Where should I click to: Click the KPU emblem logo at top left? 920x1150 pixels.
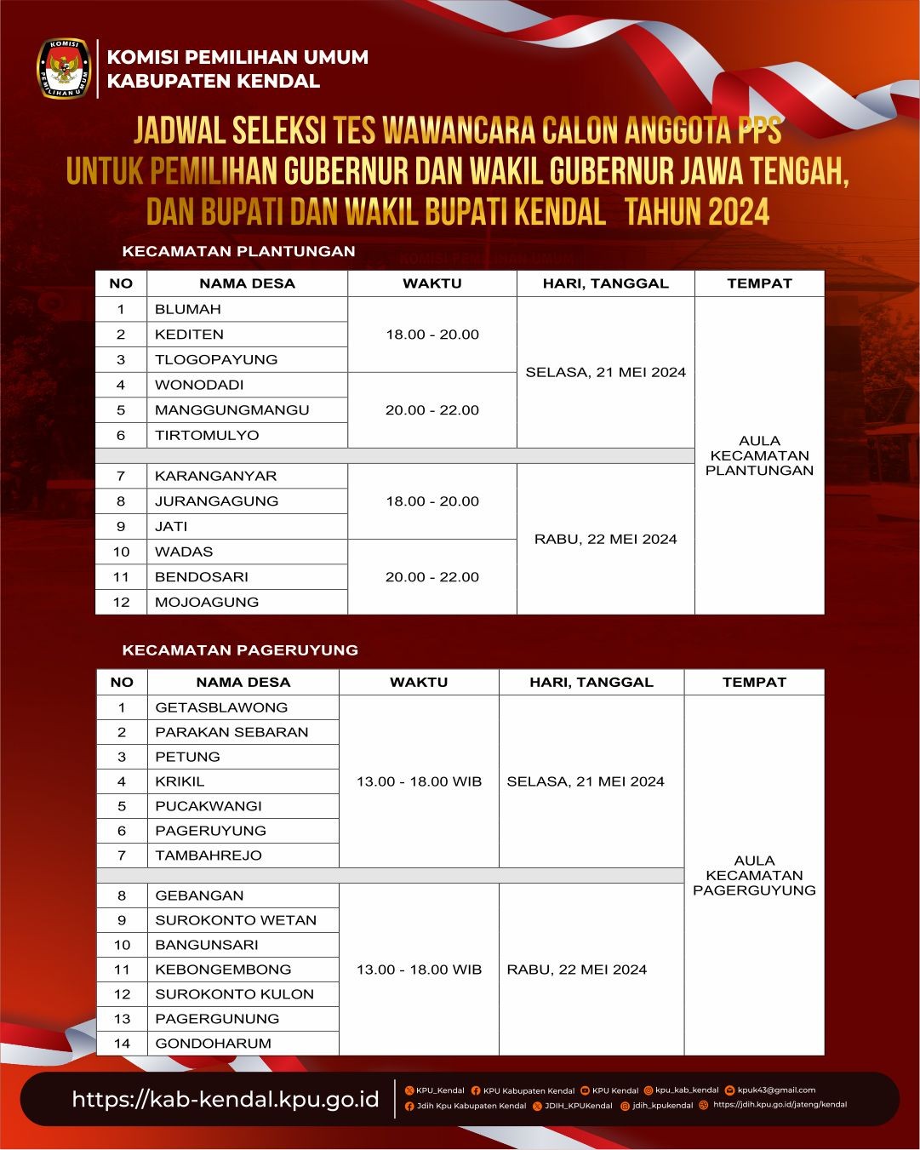click(x=64, y=68)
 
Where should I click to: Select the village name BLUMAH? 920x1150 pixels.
click(x=188, y=309)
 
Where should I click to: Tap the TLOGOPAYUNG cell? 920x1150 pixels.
click(x=216, y=359)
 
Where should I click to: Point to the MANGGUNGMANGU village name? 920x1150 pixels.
click(x=231, y=409)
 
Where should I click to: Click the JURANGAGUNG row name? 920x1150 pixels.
click(x=216, y=501)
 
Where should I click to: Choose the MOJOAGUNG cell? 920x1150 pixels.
click(x=206, y=602)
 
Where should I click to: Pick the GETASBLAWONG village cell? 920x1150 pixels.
click(x=221, y=707)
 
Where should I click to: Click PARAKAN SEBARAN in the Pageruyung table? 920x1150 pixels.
click(x=231, y=732)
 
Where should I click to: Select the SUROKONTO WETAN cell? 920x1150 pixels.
click(x=236, y=920)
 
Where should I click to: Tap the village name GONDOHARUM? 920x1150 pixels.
click(x=213, y=1044)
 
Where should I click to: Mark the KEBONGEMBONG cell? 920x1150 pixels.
click(x=223, y=970)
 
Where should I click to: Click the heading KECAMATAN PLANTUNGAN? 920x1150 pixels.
click(x=238, y=251)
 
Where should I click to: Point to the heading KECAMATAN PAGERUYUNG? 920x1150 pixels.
click(x=240, y=649)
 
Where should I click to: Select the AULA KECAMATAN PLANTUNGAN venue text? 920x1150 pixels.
click(x=759, y=455)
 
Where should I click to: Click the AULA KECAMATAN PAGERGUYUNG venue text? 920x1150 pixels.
click(x=754, y=875)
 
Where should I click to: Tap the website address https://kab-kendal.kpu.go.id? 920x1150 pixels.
click(x=226, y=1099)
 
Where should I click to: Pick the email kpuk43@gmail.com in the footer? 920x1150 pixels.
click(x=776, y=1090)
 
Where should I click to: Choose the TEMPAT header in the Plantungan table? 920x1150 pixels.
click(x=759, y=283)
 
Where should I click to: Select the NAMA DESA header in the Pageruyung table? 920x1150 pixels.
click(x=243, y=682)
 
